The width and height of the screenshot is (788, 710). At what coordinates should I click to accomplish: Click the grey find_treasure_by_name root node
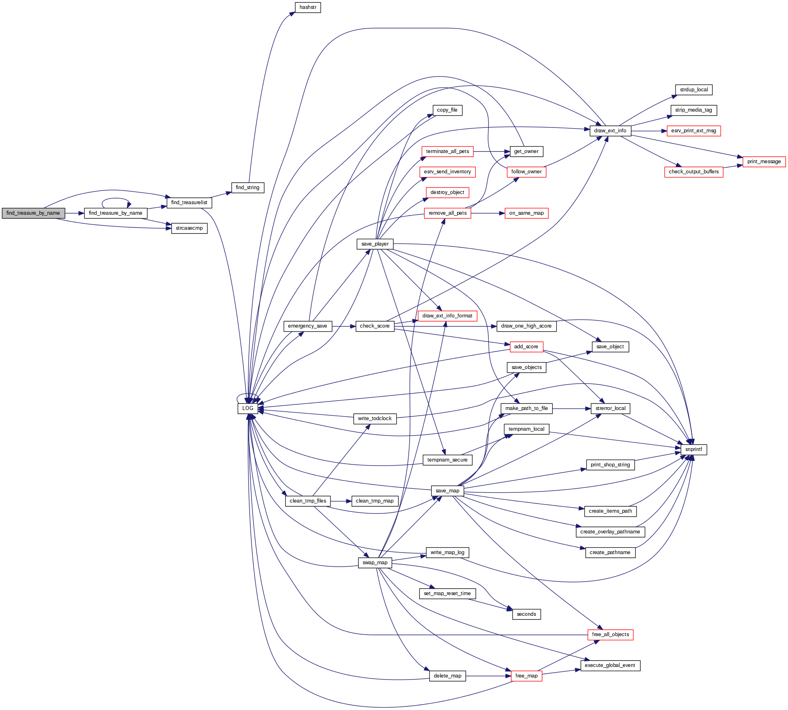pyautogui.click(x=33, y=213)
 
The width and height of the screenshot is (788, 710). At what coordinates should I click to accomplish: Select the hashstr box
pyautogui.click(x=308, y=7)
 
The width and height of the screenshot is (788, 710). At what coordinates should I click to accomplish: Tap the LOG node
pyautogui.click(x=248, y=408)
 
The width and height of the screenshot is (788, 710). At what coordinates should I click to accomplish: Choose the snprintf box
pyautogui.click(x=693, y=449)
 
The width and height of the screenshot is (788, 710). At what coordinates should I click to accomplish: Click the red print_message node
pyautogui.click(x=764, y=162)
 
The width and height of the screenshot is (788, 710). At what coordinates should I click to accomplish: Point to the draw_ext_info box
pyautogui.click(x=610, y=131)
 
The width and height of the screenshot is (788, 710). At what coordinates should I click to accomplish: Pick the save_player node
pyautogui.click(x=375, y=244)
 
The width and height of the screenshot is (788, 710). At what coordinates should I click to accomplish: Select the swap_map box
pyautogui.click(x=375, y=563)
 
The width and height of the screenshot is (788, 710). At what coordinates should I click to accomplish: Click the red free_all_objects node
pyautogui.click(x=610, y=634)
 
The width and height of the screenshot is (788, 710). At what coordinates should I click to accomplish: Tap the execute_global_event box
pyautogui.click(x=610, y=665)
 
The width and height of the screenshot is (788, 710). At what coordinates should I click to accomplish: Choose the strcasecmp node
pyautogui.click(x=189, y=228)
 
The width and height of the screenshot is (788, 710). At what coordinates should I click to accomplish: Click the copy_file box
pyautogui.click(x=447, y=110)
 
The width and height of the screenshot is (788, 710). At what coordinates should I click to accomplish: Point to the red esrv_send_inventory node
pyautogui.click(x=447, y=172)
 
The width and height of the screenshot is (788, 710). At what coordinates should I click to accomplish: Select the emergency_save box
pyautogui.click(x=307, y=326)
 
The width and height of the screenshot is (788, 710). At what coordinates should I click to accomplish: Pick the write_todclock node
pyautogui.click(x=375, y=419)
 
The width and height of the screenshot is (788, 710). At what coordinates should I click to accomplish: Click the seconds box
pyautogui.click(x=526, y=614)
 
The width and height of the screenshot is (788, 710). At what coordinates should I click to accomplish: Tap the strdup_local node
pyautogui.click(x=694, y=90)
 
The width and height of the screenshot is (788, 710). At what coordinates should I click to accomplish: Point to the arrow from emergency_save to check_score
pyautogui.click(x=344, y=326)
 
